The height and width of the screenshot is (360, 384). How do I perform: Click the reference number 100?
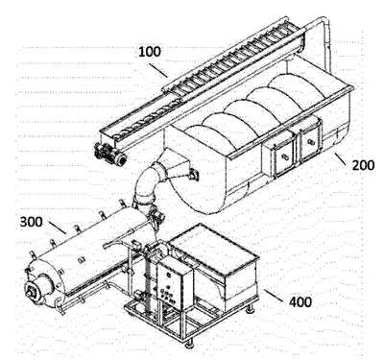[x=150, y=52]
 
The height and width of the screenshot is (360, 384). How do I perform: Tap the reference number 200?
[x=363, y=165]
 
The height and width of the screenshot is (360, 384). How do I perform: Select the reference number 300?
[x=32, y=222]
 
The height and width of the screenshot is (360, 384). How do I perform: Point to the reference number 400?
[x=300, y=301]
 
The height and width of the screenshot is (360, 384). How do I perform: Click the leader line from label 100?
[x=157, y=70]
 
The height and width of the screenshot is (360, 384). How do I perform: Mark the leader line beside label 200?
[x=340, y=158]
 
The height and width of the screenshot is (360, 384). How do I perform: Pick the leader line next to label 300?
[x=58, y=227]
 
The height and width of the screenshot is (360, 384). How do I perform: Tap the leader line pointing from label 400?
[x=274, y=296]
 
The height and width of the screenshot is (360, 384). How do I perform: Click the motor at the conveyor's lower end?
[x=109, y=155]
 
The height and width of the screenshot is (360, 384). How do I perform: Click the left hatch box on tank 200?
[x=279, y=155]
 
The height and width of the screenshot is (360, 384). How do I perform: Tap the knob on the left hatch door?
[x=284, y=156]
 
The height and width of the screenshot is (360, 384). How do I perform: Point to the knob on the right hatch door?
[x=310, y=141]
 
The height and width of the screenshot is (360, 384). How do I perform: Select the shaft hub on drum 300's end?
[x=32, y=292]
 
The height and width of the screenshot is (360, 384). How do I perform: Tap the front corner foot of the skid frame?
[x=190, y=344]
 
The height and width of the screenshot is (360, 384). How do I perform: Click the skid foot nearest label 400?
[x=251, y=308]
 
